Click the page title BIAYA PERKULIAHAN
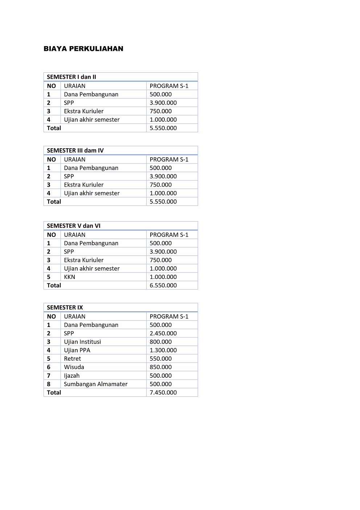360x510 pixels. (x=83, y=49)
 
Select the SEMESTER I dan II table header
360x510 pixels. (x=71, y=77)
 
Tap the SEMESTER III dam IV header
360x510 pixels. (x=75, y=150)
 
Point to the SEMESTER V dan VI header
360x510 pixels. (x=74, y=226)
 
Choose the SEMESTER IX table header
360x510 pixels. (x=65, y=307)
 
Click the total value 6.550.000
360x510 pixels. (x=163, y=286)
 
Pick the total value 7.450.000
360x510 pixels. (x=163, y=393)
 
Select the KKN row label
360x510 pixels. (x=70, y=277)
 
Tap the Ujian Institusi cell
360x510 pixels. (x=82, y=342)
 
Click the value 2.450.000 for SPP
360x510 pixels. (x=163, y=333)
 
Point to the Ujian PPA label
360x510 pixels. (x=77, y=350)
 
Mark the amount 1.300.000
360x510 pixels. (x=163, y=350)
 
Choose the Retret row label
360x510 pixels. (x=73, y=359)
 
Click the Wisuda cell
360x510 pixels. (x=74, y=367)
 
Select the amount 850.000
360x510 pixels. (x=161, y=367)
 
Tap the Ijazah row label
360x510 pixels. (x=72, y=376)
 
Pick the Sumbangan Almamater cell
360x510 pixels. (x=96, y=384)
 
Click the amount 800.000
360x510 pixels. (x=161, y=342)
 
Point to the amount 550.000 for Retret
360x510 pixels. (x=161, y=359)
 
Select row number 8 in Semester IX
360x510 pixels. (x=49, y=384)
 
